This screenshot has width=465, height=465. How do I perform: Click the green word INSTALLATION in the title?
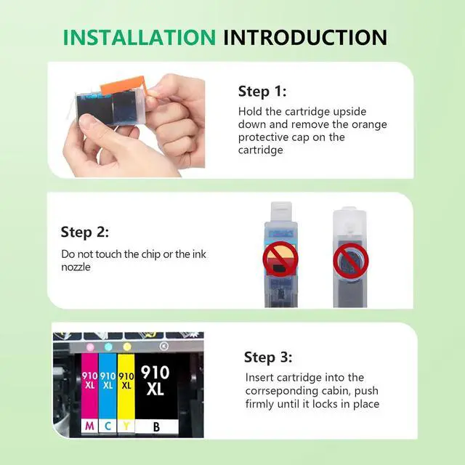click(139, 37)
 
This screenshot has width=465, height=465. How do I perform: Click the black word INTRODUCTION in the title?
click(305, 37)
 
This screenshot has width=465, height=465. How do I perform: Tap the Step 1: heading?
click(262, 92)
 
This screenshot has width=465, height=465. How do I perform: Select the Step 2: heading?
click(85, 232)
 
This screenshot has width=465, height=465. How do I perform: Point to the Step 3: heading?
click(268, 357)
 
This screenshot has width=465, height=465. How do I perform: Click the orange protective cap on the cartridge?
click(123, 85)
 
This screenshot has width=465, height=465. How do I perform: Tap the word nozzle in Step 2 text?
click(76, 267)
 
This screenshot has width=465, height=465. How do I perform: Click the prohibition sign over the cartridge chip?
click(280, 259)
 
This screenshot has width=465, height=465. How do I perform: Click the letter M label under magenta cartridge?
click(89, 426)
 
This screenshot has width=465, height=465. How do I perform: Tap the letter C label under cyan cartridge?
click(108, 426)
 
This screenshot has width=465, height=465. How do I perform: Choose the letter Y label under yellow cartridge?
click(126, 426)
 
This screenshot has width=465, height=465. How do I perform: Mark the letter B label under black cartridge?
click(157, 426)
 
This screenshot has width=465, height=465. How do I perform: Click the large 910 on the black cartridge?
click(155, 373)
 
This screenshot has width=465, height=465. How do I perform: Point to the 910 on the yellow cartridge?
click(126, 376)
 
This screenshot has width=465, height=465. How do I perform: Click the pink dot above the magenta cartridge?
click(90, 347)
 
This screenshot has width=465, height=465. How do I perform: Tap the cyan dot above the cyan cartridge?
click(108, 347)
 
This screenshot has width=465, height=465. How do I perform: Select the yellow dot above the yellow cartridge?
click(127, 347)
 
